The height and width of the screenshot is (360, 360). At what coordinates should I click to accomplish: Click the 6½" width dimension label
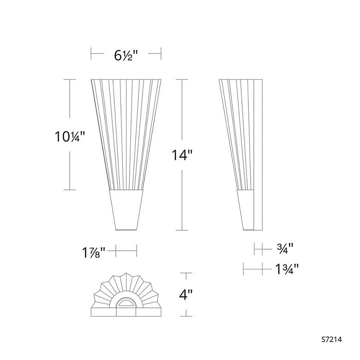126,55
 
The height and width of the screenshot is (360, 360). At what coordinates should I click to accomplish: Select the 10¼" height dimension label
70,136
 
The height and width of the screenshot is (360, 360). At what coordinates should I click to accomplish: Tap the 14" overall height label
181,155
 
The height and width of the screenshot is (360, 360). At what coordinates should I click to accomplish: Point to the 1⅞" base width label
94,252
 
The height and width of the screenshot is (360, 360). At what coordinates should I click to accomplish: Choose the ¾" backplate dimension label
285,248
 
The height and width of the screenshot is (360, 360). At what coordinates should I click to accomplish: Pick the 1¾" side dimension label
287,269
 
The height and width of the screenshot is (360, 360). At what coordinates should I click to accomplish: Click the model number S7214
331,339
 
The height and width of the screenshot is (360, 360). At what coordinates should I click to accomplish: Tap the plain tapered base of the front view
126,210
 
